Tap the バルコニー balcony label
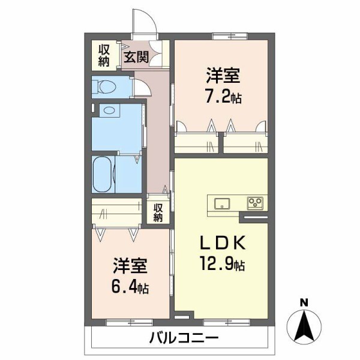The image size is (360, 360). pos(183,338)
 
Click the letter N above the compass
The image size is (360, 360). pos(304,302)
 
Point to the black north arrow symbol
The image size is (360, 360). pos(304,325)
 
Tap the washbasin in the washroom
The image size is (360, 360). pos(109,110)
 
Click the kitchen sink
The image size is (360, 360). pos(220,202)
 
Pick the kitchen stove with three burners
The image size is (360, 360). pos(256,202)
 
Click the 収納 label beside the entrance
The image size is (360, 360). pos(104,55)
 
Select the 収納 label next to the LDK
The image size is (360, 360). pos(158,213)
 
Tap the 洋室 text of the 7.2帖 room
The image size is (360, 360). pos(224,77)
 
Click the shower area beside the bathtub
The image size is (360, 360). pos(127,173)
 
